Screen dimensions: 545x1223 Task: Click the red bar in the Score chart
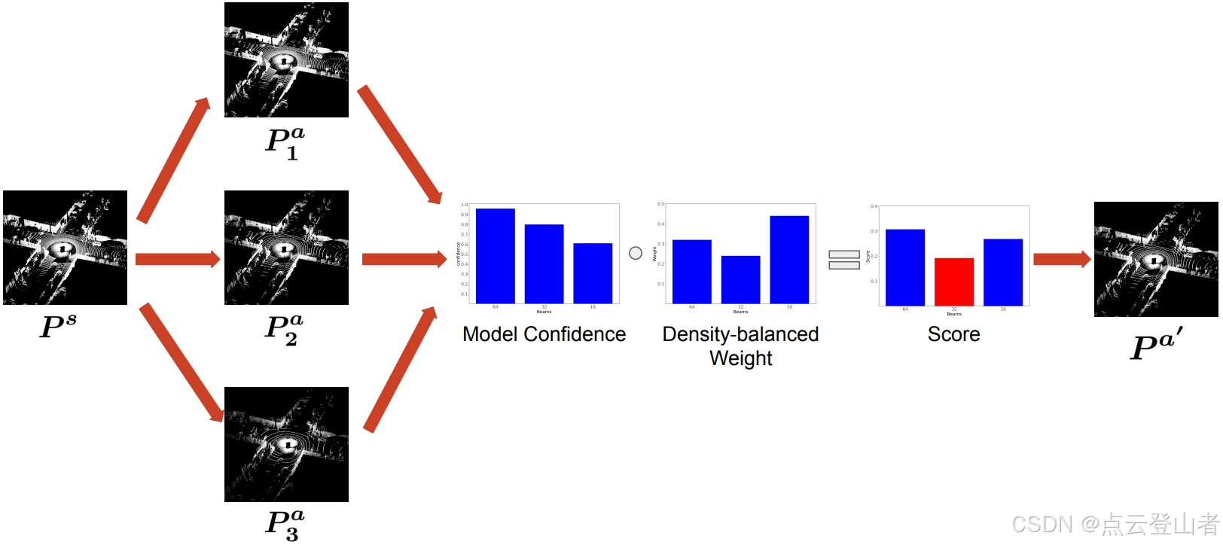(x=953, y=282)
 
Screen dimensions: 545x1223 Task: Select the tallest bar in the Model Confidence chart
(x=495, y=256)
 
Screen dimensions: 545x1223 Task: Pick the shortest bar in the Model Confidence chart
(x=593, y=272)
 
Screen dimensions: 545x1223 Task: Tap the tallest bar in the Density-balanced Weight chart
(x=789, y=259)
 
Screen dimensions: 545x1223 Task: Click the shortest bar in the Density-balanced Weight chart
(x=740, y=279)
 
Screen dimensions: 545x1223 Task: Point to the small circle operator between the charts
(x=636, y=253)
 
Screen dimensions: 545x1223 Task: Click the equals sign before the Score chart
(x=844, y=260)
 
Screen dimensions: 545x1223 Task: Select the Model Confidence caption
(x=544, y=334)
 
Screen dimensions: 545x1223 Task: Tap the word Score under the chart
(x=953, y=334)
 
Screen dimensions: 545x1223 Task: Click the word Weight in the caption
(x=740, y=358)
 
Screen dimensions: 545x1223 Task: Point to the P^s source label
(x=58, y=325)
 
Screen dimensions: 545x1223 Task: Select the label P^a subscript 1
(x=285, y=142)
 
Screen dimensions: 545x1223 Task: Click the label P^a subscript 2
(x=285, y=330)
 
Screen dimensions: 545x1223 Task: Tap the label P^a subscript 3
(x=285, y=525)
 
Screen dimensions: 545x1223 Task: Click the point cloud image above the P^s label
(x=65, y=248)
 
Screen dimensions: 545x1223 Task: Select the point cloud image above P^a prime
(x=1156, y=259)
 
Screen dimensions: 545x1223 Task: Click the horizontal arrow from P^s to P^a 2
(x=178, y=260)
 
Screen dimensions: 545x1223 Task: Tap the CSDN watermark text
(x=1115, y=524)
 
